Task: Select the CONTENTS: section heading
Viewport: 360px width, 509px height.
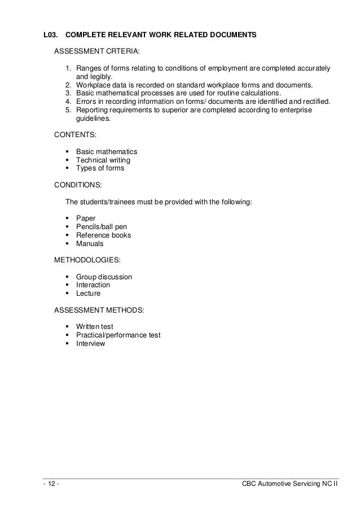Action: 75,135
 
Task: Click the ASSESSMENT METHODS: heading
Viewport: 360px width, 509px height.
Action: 99,310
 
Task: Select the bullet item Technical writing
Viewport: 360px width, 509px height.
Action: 103,160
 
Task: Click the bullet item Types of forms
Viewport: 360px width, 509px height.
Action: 100,168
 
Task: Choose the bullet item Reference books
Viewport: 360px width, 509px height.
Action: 103,235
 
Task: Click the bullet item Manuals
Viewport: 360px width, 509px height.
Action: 90,244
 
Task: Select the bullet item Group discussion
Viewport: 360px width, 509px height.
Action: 104,277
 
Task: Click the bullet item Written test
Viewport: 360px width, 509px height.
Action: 94,326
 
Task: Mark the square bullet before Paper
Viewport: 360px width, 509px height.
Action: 68,218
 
